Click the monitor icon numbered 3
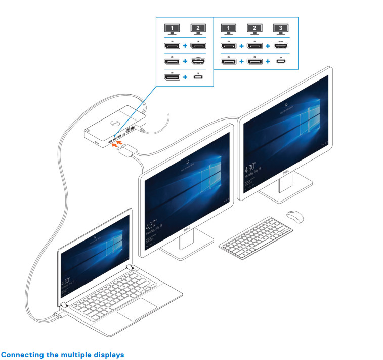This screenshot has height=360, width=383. pyautogui.click(x=278, y=29)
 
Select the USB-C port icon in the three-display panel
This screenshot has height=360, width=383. pyautogui.click(x=278, y=62)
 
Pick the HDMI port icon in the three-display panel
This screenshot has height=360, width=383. pyautogui.click(x=278, y=46)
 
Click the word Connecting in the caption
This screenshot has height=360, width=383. pyautogui.click(x=21, y=355)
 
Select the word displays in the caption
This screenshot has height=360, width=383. pyautogui.click(x=108, y=355)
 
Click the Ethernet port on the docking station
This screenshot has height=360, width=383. pyautogui.click(x=133, y=129)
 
